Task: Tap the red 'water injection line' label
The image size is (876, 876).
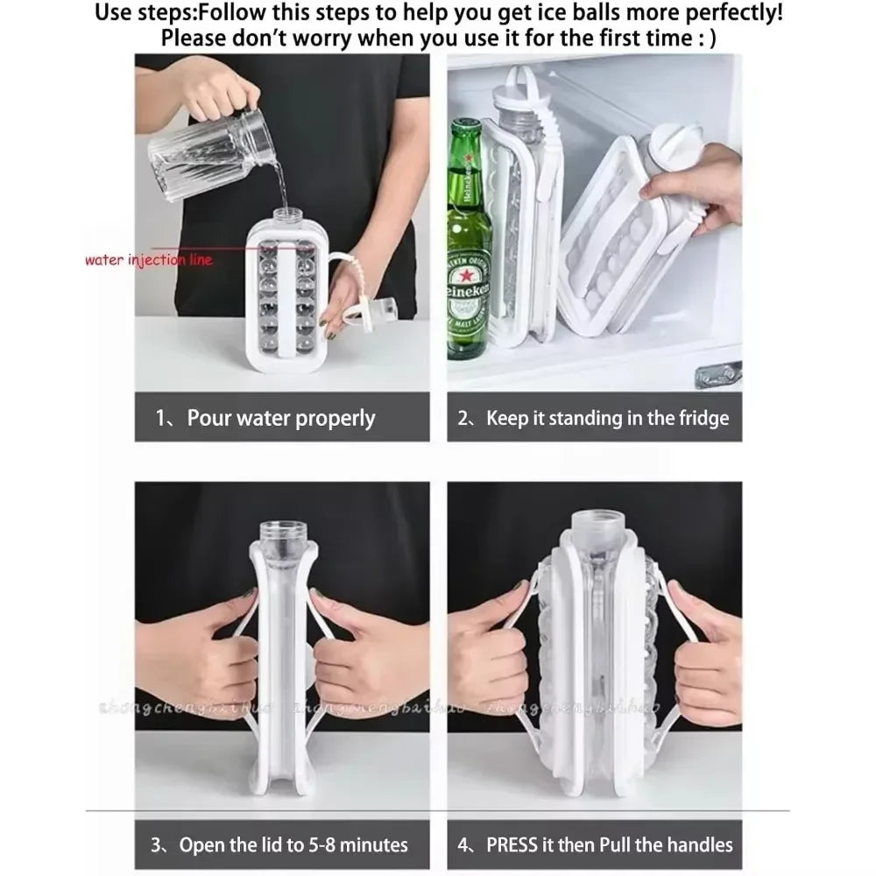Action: [x=148, y=260]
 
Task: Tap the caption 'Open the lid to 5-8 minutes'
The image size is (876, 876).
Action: [x=280, y=844]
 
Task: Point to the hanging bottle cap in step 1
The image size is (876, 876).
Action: [x=375, y=312]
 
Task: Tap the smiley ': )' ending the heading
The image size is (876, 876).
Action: [x=706, y=39]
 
